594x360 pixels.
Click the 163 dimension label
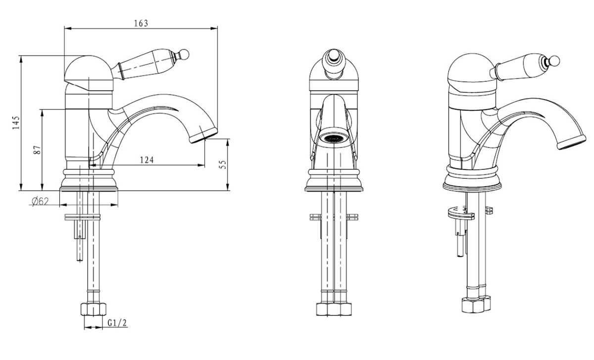pos(141,23)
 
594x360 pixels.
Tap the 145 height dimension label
pos(16,123)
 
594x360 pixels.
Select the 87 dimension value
pos(37,150)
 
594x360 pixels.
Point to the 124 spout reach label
pos(147,160)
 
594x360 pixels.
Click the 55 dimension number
pos(223,164)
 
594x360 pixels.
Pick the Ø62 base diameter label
pos(40,202)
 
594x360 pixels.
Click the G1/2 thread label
pos(117,322)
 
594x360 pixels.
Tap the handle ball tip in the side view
pos(184,54)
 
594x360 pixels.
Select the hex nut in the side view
pos(94,309)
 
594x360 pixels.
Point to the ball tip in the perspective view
pos(554,61)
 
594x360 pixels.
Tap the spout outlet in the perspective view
pos(572,143)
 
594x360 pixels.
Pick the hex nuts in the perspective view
pos(476,305)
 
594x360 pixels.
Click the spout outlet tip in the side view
pos(203,136)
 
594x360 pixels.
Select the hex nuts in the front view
pos(334,309)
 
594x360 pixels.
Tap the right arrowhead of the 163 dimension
pos(214,28)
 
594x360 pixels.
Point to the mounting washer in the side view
pos(83,217)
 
